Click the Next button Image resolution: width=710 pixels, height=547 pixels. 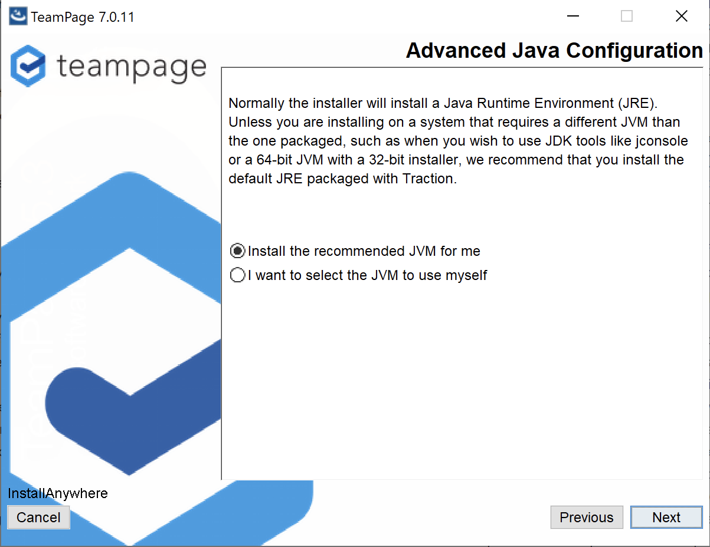pyautogui.click(x=666, y=517)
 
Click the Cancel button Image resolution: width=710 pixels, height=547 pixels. pyautogui.click(x=38, y=517)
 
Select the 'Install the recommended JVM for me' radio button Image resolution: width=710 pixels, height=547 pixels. pyautogui.click(x=237, y=251)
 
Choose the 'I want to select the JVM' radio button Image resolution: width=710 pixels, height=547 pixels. pyautogui.click(x=237, y=275)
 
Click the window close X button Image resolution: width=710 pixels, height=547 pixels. pyautogui.click(x=682, y=16)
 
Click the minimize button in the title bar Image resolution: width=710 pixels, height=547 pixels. pyautogui.click(x=572, y=16)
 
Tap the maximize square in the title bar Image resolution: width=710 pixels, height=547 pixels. pyautogui.click(x=627, y=16)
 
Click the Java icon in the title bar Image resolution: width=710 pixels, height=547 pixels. pyautogui.click(x=18, y=16)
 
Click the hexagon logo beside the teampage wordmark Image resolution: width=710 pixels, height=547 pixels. pyautogui.click(x=28, y=66)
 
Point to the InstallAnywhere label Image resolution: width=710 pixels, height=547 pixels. pyautogui.click(x=58, y=493)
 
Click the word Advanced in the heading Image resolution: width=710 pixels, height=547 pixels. pyautogui.click(x=456, y=51)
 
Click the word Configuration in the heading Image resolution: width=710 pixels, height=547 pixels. pyautogui.click(x=634, y=51)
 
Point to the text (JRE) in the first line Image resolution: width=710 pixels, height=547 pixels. pyautogui.click(x=637, y=103)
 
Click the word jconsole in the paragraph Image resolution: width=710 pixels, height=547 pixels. pyautogui.click(x=662, y=141)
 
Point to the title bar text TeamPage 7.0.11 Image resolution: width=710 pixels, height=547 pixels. pyautogui.click(x=83, y=17)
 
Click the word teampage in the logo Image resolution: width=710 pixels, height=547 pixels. pyautogui.click(x=132, y=68)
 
